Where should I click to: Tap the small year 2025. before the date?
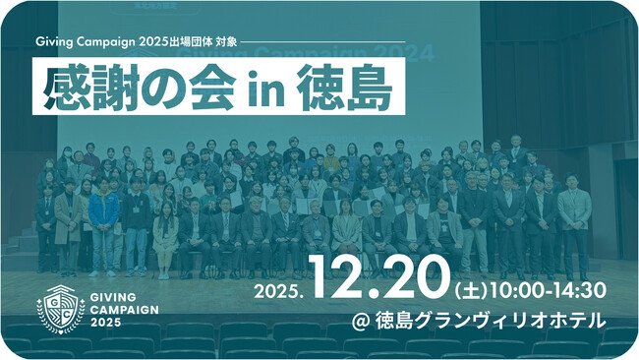[x=280, y=292]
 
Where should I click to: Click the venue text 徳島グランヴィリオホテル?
[x=510, y=321]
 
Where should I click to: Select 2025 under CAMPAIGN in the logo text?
[x=108, y=323]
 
